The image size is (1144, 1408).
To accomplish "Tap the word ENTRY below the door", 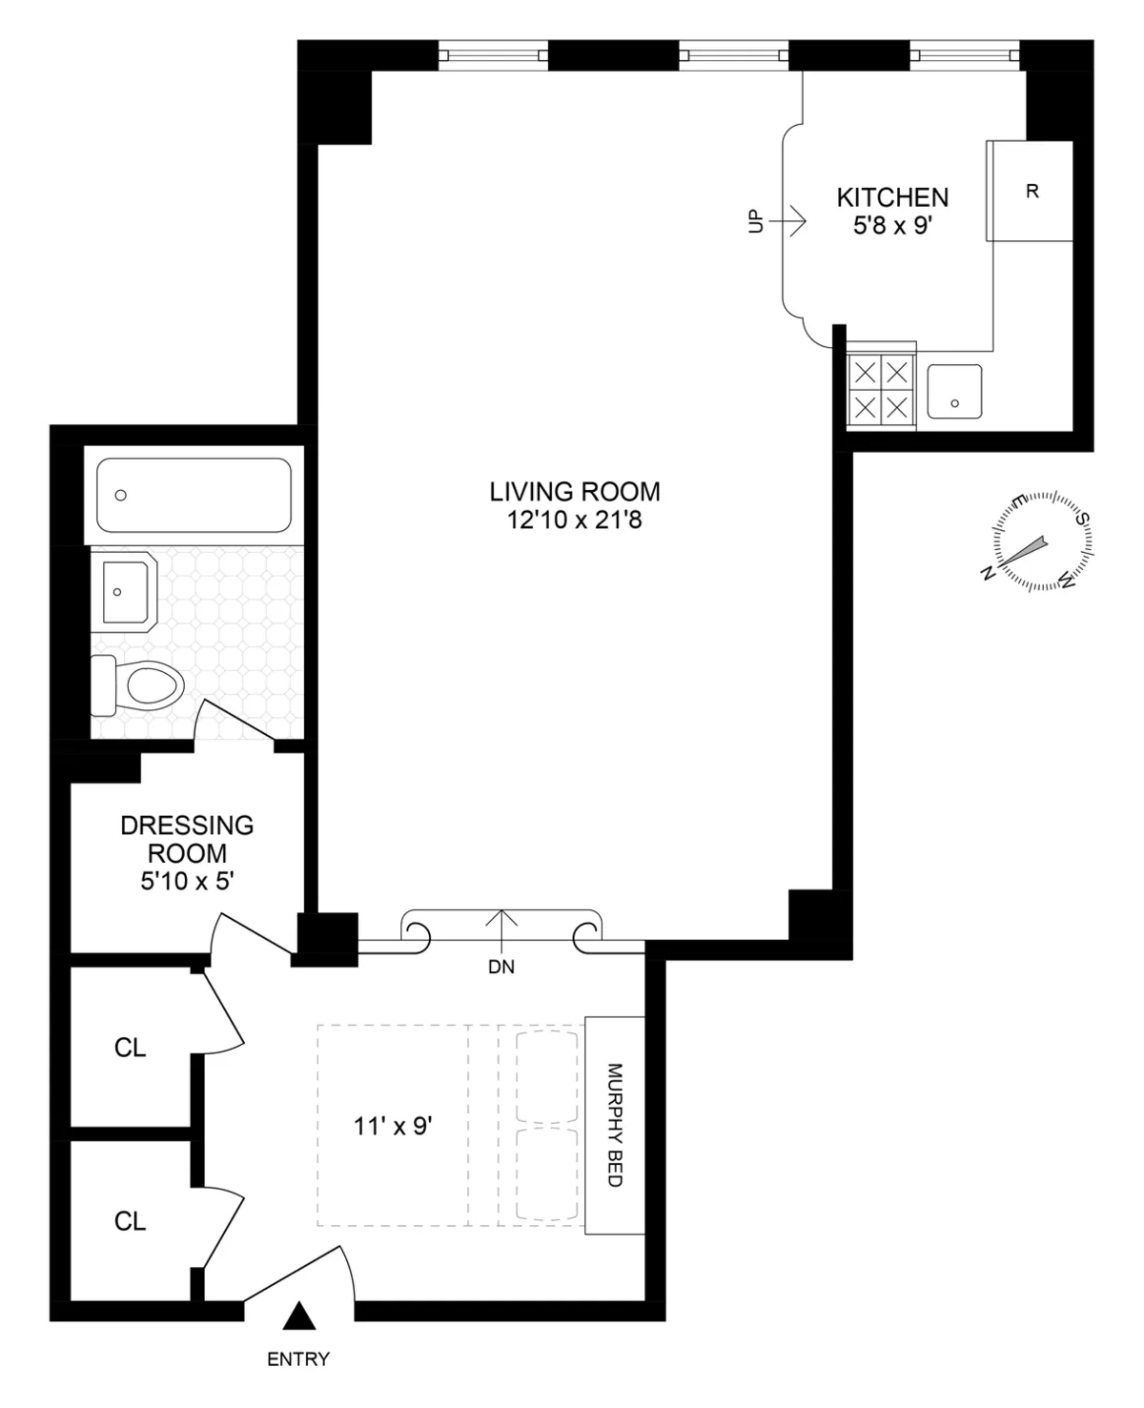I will pos(298,1359).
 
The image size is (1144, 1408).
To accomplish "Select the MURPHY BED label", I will pos(614,1125).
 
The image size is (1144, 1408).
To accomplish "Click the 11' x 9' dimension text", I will pos(393,1127).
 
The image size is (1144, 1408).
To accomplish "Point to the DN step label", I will pos(501,967).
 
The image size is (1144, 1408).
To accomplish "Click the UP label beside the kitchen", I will pos(756,221).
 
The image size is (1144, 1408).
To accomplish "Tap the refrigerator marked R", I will pos(1031,191).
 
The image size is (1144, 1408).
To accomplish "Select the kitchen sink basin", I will pos(954,391).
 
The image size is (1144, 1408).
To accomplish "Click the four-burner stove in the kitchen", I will pos(881,389).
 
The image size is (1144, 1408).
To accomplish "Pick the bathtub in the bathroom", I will pos(194,495).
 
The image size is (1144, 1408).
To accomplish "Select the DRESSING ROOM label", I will pos(187,839).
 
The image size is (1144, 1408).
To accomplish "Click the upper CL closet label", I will pos(130,1048).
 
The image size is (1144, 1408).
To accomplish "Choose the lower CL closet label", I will pos(130,1221).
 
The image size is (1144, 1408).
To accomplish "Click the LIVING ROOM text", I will pos(575,492).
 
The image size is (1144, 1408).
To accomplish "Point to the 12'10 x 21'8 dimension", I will pos(575,520).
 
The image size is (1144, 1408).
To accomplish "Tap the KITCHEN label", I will pos(892,197).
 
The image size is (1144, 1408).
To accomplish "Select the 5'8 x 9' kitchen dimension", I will pos(892,227).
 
